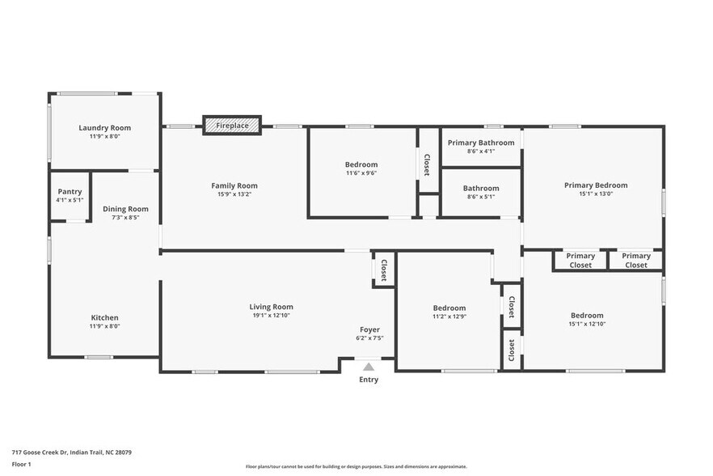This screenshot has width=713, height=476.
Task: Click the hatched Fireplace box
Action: tap(232, 125)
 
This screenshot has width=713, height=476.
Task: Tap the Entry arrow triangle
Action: tap(369, 367)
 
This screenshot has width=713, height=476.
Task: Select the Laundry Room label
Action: tap(104, 128)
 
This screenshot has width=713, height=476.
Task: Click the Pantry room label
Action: tap(70, 192)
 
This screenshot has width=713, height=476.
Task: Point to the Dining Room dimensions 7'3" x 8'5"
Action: tap(125, 218)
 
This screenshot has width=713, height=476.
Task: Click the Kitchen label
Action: tap(104, 317)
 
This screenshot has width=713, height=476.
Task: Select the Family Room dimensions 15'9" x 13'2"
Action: tap(234, 195)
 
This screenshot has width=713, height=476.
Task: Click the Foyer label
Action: tap(369, 329)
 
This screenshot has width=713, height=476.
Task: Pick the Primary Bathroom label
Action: tap(481, 142)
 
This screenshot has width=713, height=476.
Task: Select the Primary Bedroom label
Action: tap(596, 185)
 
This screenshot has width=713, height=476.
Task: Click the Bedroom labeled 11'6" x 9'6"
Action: tap(361, 165)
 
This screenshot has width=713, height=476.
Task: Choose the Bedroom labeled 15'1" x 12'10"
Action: tap(587, 316)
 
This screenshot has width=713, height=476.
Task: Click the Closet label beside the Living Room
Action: tap(384, 270)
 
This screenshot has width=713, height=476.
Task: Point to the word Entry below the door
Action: tap(369, 380)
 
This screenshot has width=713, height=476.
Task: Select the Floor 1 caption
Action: tap(21, 464)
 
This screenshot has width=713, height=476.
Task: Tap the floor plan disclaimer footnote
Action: tap(356, 466)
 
